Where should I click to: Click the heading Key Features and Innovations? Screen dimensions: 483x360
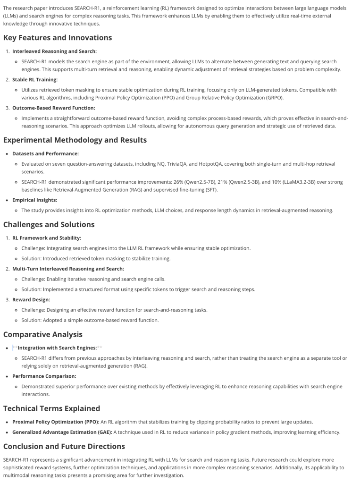point(58,38)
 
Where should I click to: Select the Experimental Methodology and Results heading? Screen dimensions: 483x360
point(75,140)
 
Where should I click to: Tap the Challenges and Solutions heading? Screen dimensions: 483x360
point(49,224)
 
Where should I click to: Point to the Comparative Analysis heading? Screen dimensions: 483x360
point(42,334)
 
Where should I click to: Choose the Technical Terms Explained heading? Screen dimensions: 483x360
point(51,408)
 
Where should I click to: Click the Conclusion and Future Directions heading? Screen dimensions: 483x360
point(64,446)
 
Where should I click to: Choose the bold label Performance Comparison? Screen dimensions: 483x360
point(44,376)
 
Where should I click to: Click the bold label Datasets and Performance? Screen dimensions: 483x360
point(45,153)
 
